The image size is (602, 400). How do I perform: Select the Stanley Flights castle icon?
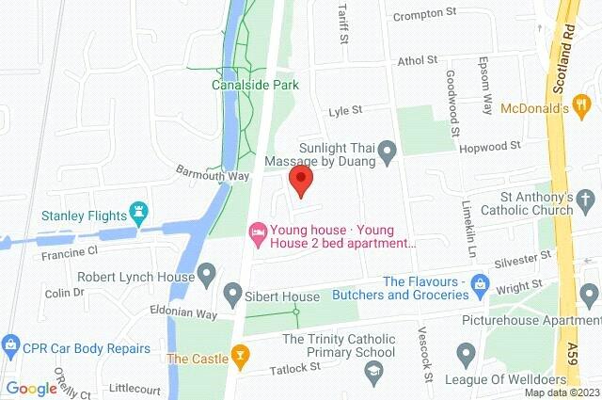141,213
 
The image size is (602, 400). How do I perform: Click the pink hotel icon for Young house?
257,230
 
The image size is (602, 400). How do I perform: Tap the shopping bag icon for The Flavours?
480,282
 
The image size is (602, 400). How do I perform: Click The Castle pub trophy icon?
241,357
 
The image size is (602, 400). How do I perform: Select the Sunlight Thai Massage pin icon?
387,161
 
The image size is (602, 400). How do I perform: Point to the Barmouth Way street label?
213,174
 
